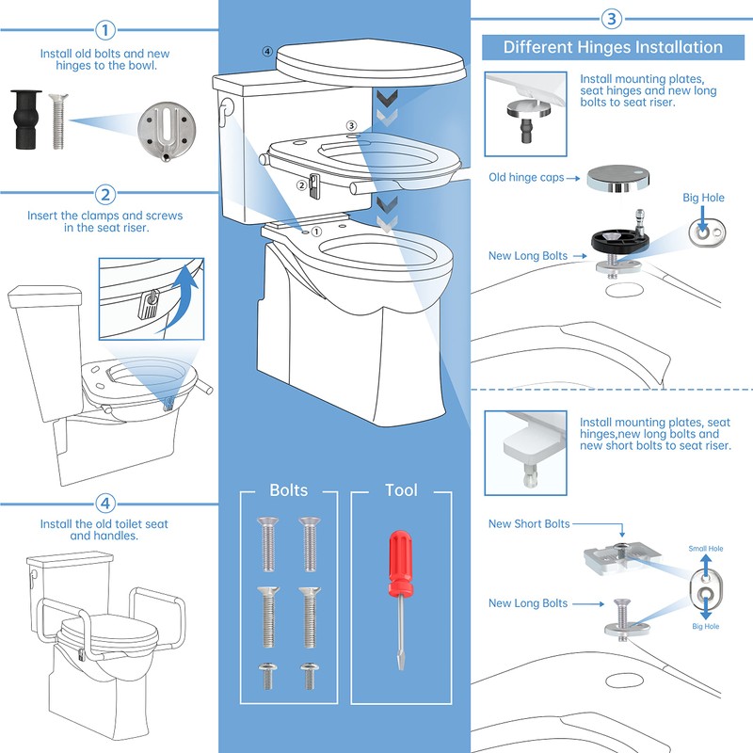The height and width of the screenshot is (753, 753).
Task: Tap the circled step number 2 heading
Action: pos(105,195)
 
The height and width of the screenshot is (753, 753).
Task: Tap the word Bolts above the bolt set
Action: pos(289,490)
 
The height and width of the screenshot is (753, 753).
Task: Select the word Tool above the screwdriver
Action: pos(401,490)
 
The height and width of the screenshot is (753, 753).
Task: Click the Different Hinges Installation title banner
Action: pos(613,47)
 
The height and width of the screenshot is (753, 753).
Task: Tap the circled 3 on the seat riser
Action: pos(351,125)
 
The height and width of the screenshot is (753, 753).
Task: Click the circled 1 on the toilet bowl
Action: pos(316,229)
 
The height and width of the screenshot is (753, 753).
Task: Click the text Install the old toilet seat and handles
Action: pos(104,529)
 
